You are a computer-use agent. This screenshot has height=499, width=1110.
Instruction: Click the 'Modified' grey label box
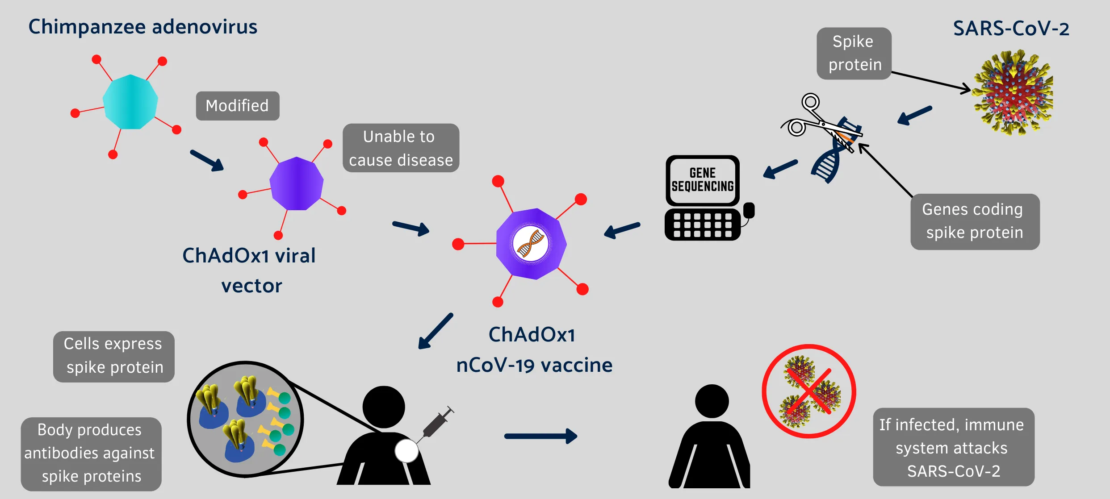pos(237,106)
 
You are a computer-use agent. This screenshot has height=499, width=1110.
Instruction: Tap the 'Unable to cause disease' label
pos(401,148)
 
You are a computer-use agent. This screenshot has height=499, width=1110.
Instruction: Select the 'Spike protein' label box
pos(854,53)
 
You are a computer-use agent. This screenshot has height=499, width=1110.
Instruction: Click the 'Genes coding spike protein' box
pos(975,221)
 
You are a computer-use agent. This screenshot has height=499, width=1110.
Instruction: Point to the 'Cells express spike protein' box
pos(113,356)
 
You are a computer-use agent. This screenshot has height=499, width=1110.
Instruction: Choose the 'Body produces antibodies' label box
pos(91,453)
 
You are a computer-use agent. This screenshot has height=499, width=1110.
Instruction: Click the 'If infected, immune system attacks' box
pos(953,447)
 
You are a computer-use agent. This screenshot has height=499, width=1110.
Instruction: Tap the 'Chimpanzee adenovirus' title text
pos(142,27)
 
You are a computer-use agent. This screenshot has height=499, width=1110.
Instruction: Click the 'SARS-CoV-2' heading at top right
pos(1011,29)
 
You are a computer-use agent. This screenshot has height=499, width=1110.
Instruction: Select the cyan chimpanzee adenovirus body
pos(130,102)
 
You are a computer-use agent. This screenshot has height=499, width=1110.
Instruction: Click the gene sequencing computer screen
pos(703,180)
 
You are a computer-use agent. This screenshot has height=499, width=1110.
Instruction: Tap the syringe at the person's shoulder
pos(437,421)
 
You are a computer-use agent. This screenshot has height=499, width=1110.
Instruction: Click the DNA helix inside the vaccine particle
pos(531,244)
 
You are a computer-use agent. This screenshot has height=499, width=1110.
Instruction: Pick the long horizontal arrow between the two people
pos(540,436)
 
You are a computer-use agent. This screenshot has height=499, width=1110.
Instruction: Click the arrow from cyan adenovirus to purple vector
pos(207,160)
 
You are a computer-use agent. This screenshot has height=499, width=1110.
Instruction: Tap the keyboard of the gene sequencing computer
pos(703,225)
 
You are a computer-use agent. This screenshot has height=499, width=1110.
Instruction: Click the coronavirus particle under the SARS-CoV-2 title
pos(1013,92)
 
